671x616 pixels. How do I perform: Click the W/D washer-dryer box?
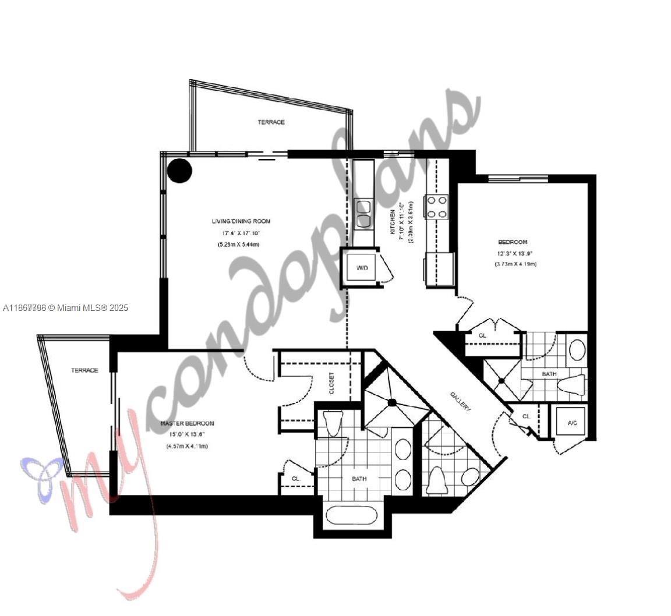(362, 267)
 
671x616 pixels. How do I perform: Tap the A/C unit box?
(572, 423)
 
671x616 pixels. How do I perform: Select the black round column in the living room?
(179, 171)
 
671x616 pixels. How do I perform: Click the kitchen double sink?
(364, 213)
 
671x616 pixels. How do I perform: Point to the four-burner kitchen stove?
(437, 207)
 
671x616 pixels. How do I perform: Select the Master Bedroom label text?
(187, 423)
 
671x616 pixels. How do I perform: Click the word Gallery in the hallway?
(460, 401)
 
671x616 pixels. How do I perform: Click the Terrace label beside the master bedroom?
(84, 370)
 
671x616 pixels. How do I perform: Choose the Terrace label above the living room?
(271, 122)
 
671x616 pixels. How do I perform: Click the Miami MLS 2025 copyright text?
(65, 307)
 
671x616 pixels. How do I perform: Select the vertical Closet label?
(331, 383)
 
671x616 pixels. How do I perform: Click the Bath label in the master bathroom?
(359, 479)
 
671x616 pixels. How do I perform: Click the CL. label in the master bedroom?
(296, 479)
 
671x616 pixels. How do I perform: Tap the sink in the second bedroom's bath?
(577, 349)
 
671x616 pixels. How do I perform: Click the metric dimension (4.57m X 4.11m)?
(186, 446)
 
